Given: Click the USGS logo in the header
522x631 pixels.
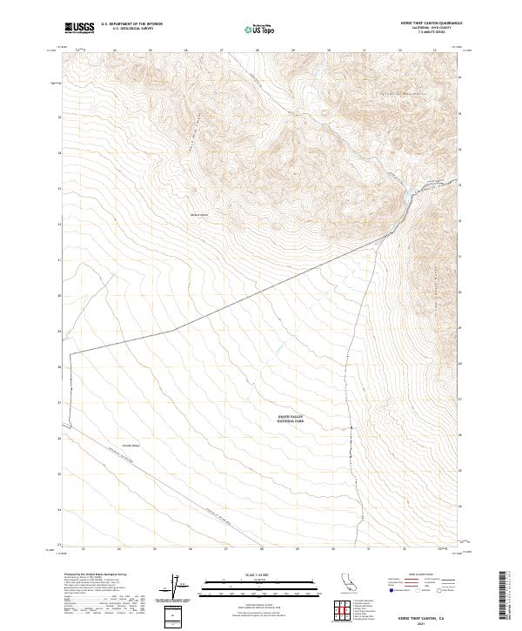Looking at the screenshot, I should click(79, 28).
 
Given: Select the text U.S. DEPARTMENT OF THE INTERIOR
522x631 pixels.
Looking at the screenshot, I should click(131, 23).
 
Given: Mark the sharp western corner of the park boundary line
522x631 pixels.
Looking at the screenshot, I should click(70, 352).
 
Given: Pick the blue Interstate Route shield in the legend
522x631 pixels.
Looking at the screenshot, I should click(391, 591).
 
